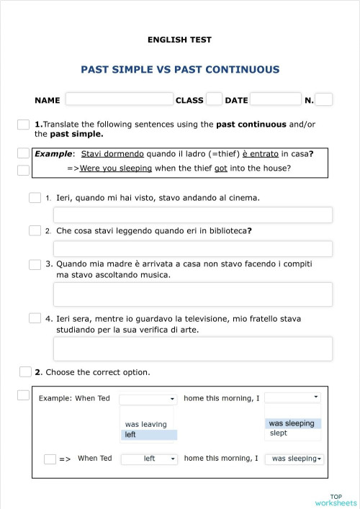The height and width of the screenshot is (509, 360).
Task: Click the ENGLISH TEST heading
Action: [179, 40]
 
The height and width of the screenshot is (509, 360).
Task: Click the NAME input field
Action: [120, 99]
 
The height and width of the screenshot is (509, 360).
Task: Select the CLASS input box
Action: [214, 99]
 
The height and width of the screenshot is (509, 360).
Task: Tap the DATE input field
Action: [275, 99]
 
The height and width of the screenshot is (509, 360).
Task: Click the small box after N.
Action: [324, 99]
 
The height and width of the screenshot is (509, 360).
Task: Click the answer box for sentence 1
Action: [193, 215]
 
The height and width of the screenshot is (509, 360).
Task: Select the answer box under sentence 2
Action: [193, 249]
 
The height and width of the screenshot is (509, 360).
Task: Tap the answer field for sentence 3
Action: [193, 294]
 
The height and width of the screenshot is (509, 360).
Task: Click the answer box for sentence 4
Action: [193, 348]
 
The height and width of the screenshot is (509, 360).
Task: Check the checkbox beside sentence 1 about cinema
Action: [35, 197]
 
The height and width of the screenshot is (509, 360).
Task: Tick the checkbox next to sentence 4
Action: [35, 317]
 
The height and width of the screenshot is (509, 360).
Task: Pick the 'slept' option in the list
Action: [279, 433]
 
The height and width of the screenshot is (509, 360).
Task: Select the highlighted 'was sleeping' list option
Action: [292, 423]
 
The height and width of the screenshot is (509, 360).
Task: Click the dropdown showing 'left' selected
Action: [149, 459]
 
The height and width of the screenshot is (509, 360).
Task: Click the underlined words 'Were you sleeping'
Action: [116, 168]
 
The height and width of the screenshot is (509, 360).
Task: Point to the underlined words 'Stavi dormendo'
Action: [112, 153]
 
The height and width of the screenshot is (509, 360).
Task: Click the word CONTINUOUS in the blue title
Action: [238, 70]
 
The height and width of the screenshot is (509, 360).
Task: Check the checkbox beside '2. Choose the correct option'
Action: [25, 371]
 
